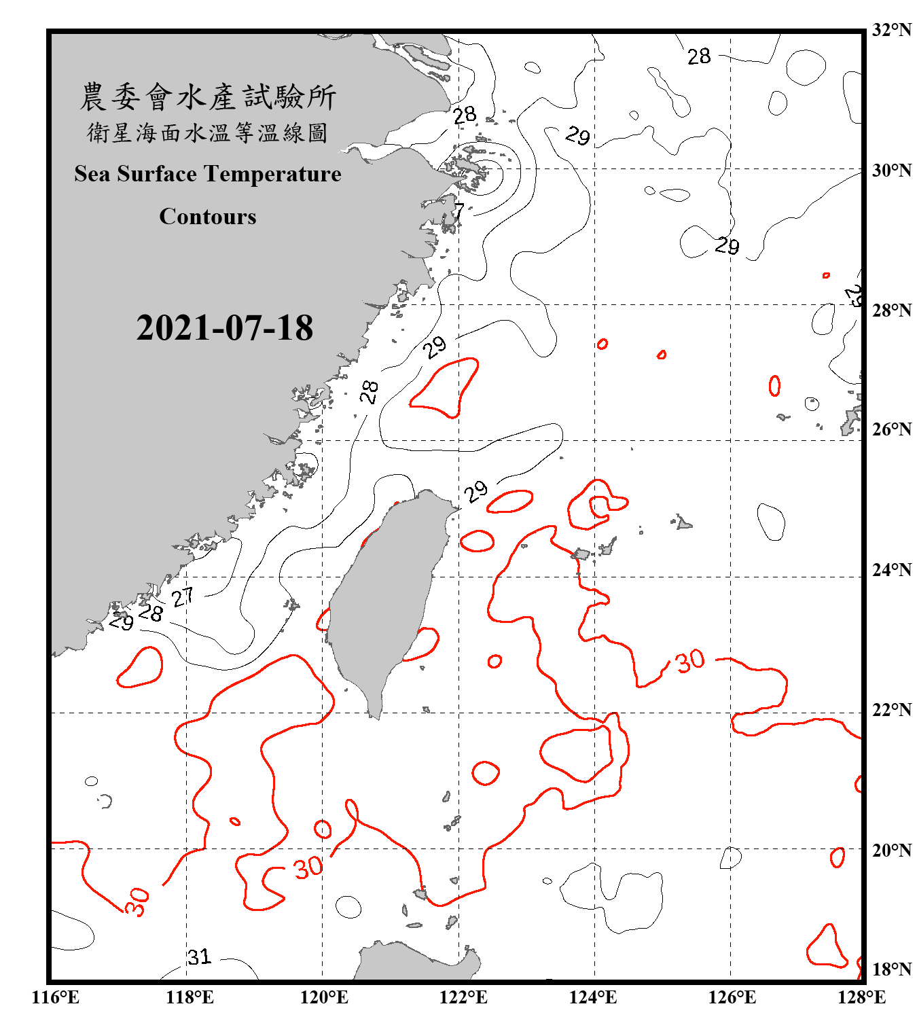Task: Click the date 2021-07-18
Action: (224, 327)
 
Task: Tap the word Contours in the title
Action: (208, 216)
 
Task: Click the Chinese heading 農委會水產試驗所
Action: (208, 96)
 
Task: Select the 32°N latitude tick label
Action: (891, 30)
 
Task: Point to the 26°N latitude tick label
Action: (891, 429)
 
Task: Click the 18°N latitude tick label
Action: (891, 969)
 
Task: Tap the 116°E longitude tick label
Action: (56, 997)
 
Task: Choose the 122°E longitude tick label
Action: (463, 997)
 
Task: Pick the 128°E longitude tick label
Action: (861, 997)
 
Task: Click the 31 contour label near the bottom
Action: (200, 957)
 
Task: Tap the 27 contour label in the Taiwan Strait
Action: (182, 598)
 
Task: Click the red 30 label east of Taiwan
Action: (690, 660)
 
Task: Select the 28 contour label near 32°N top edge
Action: (699, 56)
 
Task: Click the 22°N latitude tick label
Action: (891, 710)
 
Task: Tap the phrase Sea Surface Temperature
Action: (208, 174)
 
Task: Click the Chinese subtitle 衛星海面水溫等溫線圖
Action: (208, 132)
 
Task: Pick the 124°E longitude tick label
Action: (593, 997)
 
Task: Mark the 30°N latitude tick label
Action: (891, 171)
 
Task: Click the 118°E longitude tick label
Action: (190, 997)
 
